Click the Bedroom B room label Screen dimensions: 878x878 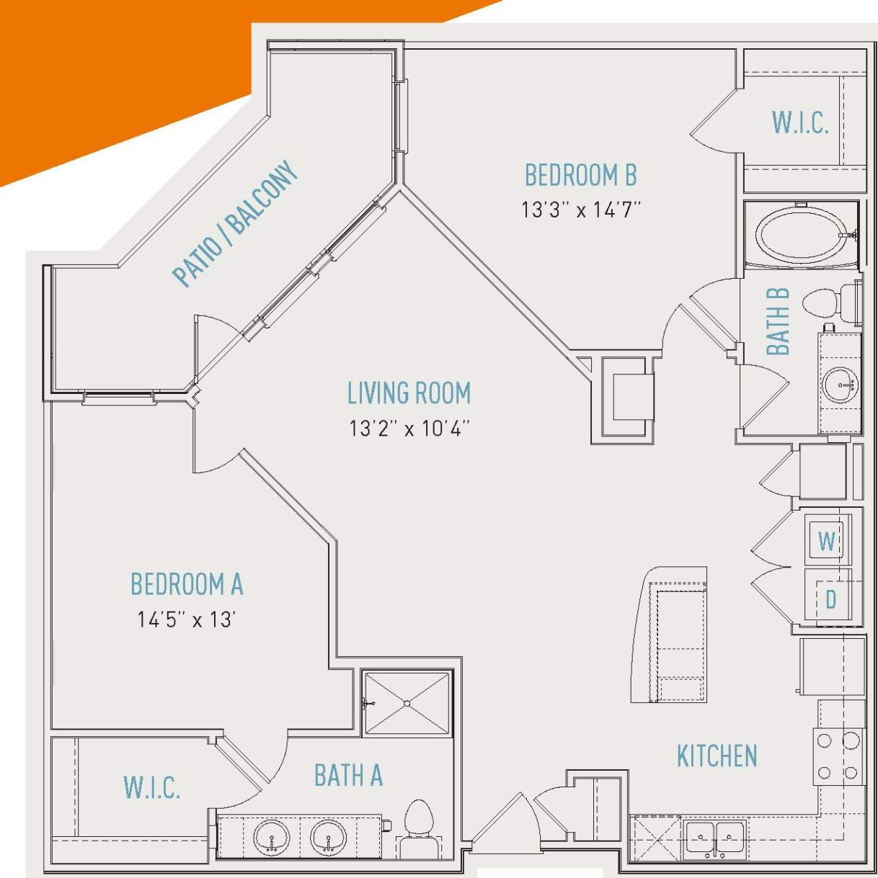(x=580, y=176)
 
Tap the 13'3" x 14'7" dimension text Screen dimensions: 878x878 (x=581, y=210)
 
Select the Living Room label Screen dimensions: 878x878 (x=409, y=394)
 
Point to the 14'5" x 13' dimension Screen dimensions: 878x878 (x=187, y=619)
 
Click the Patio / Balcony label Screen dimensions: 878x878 (x=235, y=223)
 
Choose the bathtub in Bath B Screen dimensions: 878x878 (x=802, y=235)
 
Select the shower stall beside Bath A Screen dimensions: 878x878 (x=407, y=703)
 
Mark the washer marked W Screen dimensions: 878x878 (x=827, y=540)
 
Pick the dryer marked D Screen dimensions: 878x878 (x=829, y=598)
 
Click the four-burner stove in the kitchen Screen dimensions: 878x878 (x=838, y=756)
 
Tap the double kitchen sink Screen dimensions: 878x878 (x=714, y=838)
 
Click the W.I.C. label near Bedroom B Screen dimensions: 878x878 (x=799, y=123)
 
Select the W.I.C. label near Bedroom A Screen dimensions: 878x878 (x=151, y=788)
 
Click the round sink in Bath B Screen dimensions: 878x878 (x=840, y=384)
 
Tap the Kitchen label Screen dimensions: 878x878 (x=717, y=756)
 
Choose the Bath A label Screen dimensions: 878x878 (x=348, y=776)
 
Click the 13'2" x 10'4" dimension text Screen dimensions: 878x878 (x=409, y=429)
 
